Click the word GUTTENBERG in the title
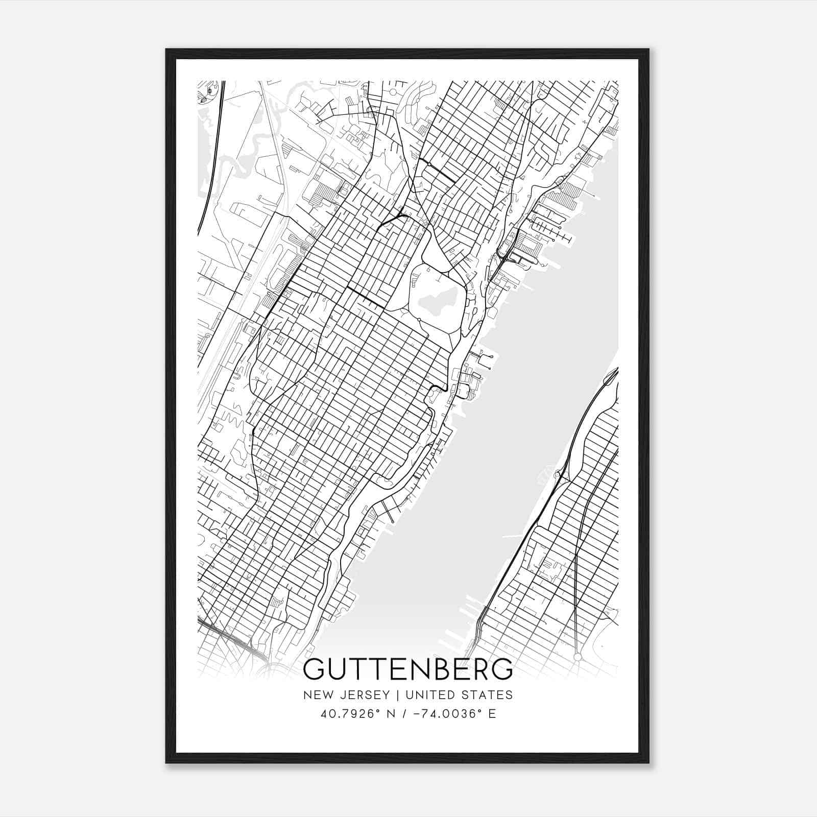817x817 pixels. pyautogui.click(x=407, y=669)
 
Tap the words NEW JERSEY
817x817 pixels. pyautogui.click(x=344, y=694)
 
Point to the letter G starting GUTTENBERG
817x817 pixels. pyautogui.click(x=314, y=669)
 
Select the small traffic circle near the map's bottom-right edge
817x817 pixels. pyautogui.click(x=578, y=656)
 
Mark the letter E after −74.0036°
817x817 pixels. pyautogui.click(x=492, y=713)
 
